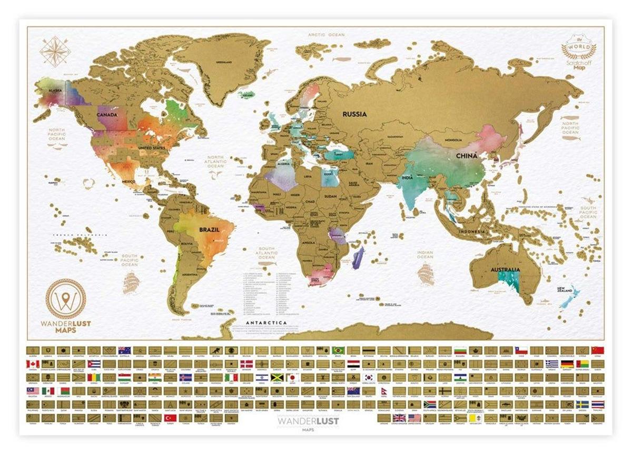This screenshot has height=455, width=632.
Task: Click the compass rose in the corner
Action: tap(55, 51)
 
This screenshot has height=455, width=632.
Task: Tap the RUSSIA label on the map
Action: tap(354, 114)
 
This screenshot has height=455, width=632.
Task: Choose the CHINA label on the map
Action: tap(467, 156)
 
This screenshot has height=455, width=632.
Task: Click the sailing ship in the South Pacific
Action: tap(130, 283)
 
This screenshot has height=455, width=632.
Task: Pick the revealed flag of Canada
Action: tap(33, 364)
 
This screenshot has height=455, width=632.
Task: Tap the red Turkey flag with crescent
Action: tap(170, 418)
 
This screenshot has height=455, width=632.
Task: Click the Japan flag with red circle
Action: tap(292, 378)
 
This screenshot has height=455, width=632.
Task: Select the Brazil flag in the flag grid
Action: tap(338, 350)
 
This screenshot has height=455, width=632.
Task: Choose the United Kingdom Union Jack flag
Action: tap(399, 418)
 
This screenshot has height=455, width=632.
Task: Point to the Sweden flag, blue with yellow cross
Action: tap(582, 404)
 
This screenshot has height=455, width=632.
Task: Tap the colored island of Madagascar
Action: tap(359, 258)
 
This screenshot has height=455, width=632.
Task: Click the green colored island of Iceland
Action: tap(246, 95)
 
